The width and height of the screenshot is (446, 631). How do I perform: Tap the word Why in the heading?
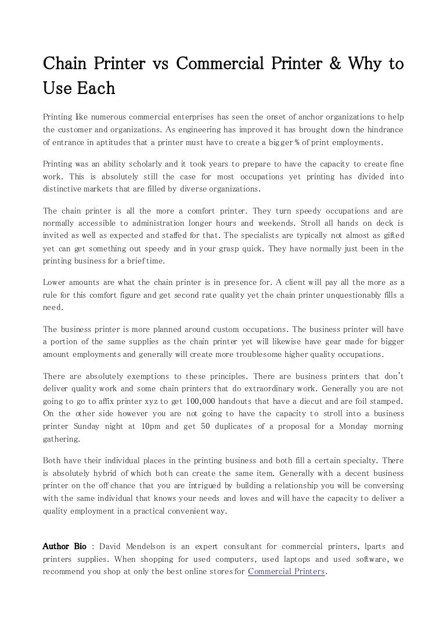tap(366, 63)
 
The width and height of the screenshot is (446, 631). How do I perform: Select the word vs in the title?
tap(163, 63)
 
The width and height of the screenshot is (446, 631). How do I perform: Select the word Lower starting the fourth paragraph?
tap(56, 283)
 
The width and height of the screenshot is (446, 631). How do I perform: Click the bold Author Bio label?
tap(65, 547)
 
